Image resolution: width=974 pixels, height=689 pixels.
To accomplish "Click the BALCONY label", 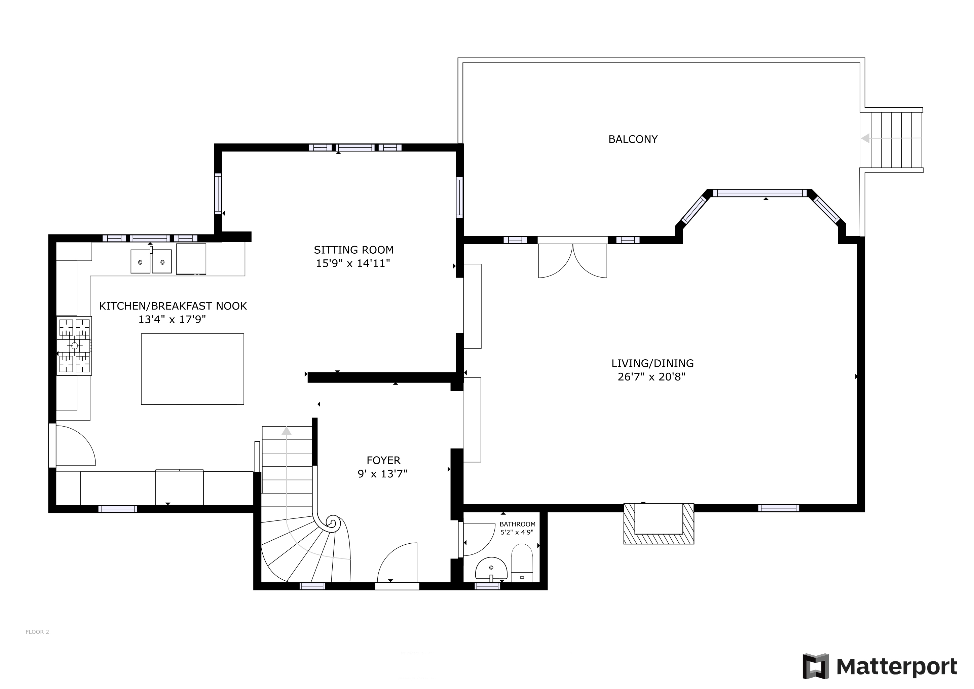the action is tap(633, 139).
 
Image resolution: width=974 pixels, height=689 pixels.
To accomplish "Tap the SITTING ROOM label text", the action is tap(354, 250).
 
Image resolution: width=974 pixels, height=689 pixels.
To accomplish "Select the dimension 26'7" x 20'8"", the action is tap(651, 377).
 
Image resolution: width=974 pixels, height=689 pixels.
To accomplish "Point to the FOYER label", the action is tap(383, 460).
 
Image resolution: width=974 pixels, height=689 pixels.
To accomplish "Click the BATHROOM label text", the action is tap(518, 524).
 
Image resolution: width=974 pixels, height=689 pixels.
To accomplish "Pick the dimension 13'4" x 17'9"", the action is tap(172, 320).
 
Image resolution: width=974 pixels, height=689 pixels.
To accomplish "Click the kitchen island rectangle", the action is tap(193, 369).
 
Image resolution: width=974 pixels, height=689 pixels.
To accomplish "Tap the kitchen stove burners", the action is tap(74, 346).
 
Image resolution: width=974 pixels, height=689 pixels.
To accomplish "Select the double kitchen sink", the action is tap(151, 261).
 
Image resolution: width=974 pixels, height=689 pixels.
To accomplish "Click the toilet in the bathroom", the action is tap(522, 563).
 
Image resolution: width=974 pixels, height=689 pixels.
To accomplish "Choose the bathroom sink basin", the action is tap(491, 569).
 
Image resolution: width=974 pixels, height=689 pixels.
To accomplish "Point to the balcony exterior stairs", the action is tap(891, 140).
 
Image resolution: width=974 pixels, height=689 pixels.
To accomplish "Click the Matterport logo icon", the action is tap(815, 666).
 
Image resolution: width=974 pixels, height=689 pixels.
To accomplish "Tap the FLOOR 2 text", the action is tap(37, 632).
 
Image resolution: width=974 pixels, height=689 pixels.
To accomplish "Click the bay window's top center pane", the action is tap(760, 193).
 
